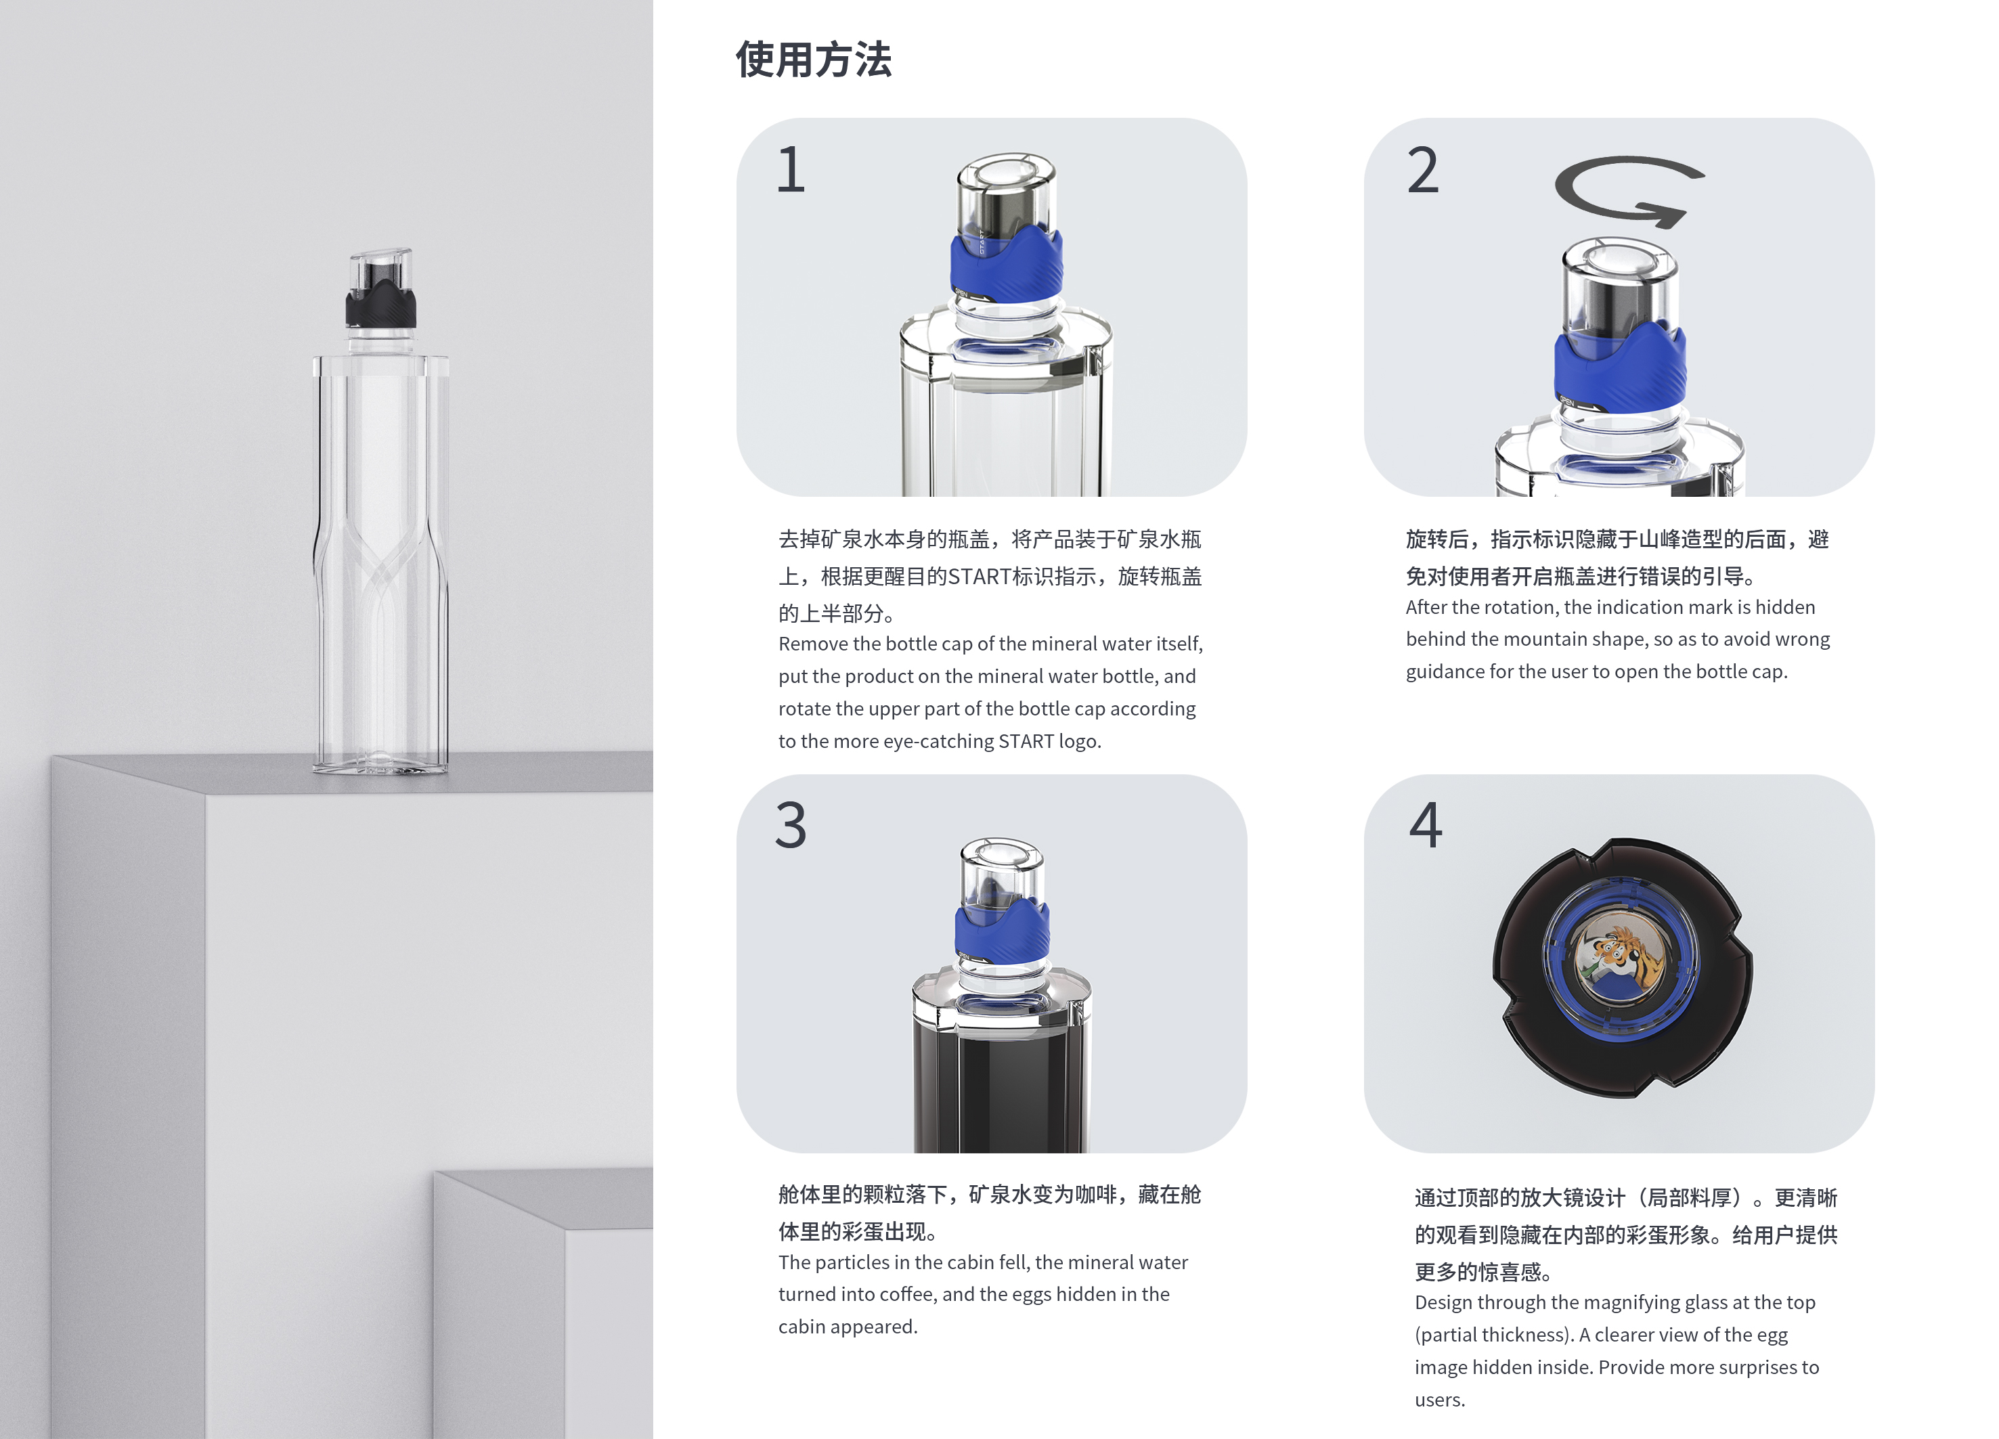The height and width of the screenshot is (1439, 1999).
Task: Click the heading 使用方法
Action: coord(812,60)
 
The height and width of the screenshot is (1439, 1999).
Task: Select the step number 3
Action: coord(791,826)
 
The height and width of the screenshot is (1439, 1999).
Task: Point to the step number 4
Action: coord(1425,826)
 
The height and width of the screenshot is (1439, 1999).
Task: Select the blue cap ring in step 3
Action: coord(1002,930)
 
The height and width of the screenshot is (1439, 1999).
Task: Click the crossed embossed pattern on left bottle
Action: coord(380,564)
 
